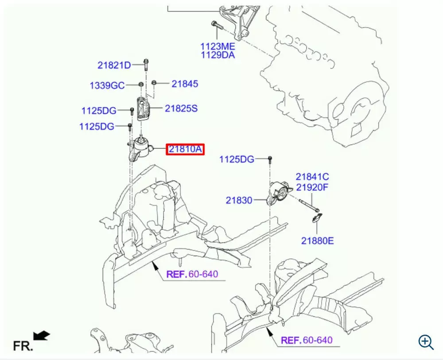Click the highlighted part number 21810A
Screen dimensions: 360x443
(185, 150)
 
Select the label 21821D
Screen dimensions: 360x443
(114, 65)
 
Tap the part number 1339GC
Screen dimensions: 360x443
(107, 85)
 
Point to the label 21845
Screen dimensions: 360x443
(185, 84)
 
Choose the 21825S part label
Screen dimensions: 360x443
(181, 108)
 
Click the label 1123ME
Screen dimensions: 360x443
(218, 46)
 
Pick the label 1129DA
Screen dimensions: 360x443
(218, 55)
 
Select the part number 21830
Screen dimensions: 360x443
(239, 200)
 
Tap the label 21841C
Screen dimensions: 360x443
(312, 177)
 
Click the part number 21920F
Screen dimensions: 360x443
(312, 187)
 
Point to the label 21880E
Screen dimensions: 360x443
(318, 241)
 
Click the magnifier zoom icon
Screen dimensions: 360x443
(426, 342)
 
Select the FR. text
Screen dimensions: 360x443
(23, 345)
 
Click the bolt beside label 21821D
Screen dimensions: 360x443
(145, 65)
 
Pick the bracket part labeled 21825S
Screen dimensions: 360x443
(143, 109)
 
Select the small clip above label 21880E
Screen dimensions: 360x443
(318, 218)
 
